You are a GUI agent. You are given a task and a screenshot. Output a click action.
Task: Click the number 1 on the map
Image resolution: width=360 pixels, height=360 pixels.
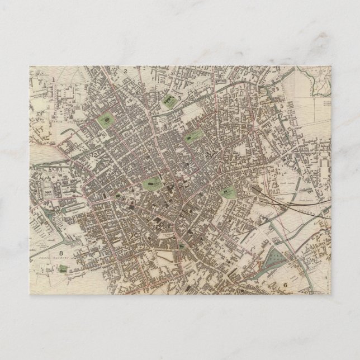(x=54, y=79)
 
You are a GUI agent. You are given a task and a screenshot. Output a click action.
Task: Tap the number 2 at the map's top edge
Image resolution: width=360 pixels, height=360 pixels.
(x=127, y=72)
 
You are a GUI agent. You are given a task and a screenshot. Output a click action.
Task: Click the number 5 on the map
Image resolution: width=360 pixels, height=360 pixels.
(x=283, y=105)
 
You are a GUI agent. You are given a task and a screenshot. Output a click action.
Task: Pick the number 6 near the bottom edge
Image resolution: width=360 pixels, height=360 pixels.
(x=285, y=285)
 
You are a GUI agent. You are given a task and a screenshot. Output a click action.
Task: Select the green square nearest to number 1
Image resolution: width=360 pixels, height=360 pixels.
(x=105, y=120)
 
